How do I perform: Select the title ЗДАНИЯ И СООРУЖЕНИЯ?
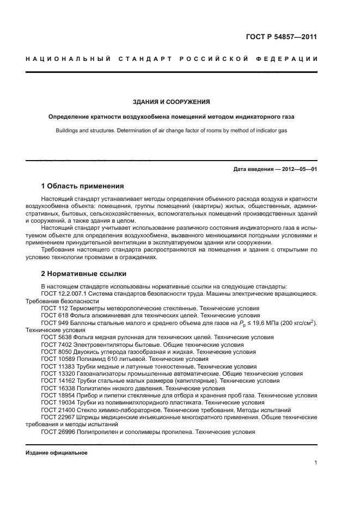pyautogui.click(x=172, y=102)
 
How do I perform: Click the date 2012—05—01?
pyautogui.click(x=298, y=170)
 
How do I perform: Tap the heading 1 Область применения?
pyautogui.click(x=83, y=186)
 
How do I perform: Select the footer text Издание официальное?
pyautogui.click(x=56, y=452)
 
